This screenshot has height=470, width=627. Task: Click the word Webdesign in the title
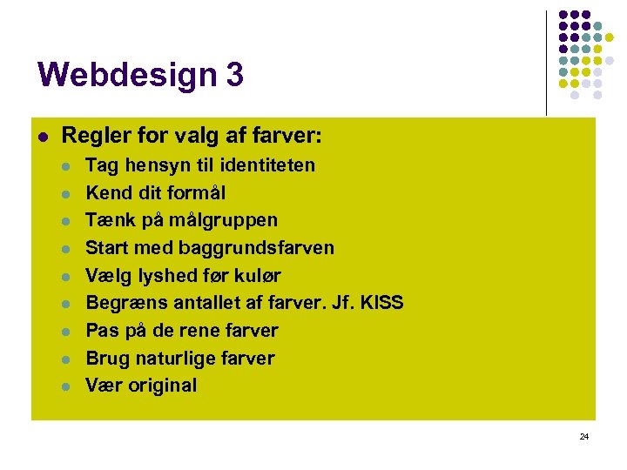tap(127, 76)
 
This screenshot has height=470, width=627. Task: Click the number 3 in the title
tap(234, 75)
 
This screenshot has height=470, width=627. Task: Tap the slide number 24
tap(583, 436)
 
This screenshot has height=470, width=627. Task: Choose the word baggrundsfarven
tap(256, 248)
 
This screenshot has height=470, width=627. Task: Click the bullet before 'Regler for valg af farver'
tap(41, 137)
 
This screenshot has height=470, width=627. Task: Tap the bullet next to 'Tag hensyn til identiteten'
tap(65, 165)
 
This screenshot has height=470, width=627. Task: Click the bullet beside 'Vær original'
tap(65, 386)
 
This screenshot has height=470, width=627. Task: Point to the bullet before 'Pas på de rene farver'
tap(65, 332)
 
